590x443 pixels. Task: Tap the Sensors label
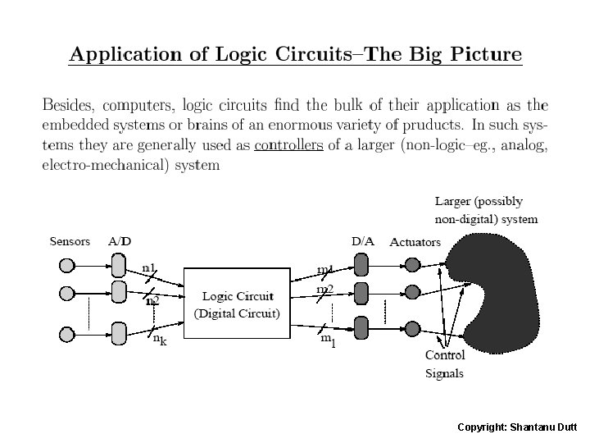click(70, 241)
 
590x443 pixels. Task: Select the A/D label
click(119, 241)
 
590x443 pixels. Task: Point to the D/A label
click(363, 241)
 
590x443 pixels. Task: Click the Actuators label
click(415, 242)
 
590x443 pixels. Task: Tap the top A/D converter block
click(118, 265)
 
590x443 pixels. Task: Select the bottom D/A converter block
click(361, 327)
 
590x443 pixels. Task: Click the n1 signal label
click(150, 267)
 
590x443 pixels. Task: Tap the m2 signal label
click(324, 290)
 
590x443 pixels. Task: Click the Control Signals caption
click(444, 364)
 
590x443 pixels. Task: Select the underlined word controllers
click(289, 147)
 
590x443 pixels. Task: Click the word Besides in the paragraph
click(67, 106)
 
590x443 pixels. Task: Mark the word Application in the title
click(115, 56)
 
